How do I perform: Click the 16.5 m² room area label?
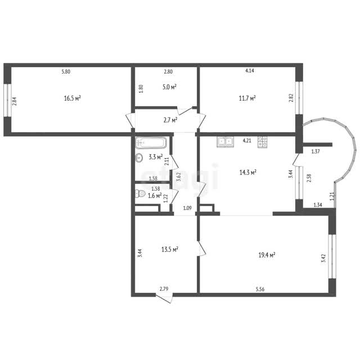pyautogui.click(x=73, y=98)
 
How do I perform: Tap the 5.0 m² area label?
pyautogui.click(x=169, y=87)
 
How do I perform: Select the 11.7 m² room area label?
pyautogui.click(x=247, y=98)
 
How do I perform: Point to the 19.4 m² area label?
pyautogui.click(x=267, y=255)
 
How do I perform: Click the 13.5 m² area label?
pyautogui.click(x=170, y=249)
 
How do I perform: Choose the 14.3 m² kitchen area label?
pyautogui.click(x=247, y=172)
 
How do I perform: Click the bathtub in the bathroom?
pyautogui.click(x=151, y=142)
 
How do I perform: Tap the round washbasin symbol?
pyautogui.click(x=139, y=157)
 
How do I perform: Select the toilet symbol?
pyautogui.click(x=140, y=193)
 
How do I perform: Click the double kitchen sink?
pyautogui.click(x=225, y=142)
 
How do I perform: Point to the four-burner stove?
pyautogui.click(x=263, y=142)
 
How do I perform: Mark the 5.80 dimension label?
pyautogui.click(x=66, y=71)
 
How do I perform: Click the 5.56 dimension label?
pyautogui.click(x=260, y=289)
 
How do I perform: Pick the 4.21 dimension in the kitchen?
pyautogui.click(x=247, y=141)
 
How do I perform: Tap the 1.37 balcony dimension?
pyautogui.click(x=316, y=151)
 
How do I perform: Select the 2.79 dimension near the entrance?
pyautogui.click(x=164, y=289)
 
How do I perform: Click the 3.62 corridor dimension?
pyautogui.click(x=179, y=177)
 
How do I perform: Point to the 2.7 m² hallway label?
pyautogui.click(x=170, y=120)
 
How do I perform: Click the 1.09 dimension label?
pyautogui.click(x=187, y=208)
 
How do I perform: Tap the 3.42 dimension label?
pyautogui.click(x=323, y=258)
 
